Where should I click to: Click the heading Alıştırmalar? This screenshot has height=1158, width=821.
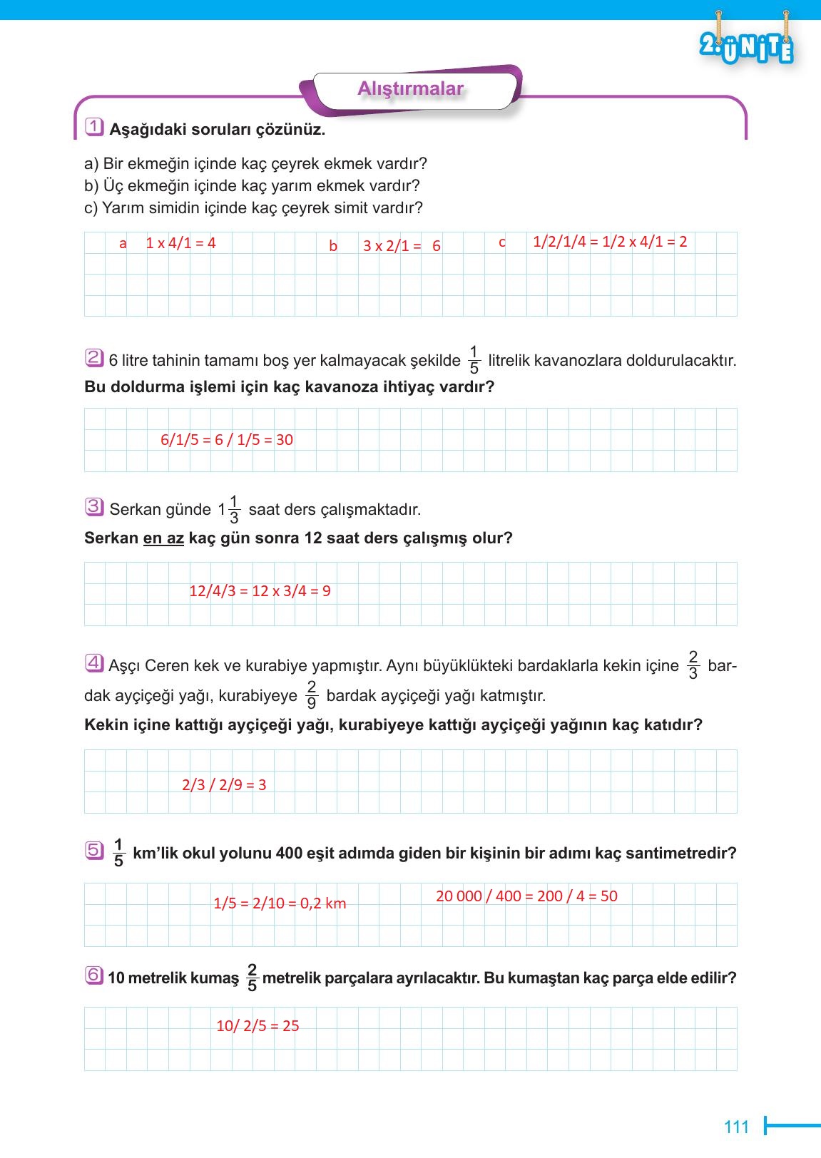410,89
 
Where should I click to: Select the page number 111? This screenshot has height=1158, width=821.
736,1127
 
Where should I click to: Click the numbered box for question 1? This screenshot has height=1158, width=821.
94,128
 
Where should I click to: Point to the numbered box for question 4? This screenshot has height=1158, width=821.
94,664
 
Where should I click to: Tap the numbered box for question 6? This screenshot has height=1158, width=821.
94,975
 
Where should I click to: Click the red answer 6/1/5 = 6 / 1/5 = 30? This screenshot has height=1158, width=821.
227,440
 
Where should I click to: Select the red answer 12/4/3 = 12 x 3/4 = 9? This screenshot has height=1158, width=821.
260,591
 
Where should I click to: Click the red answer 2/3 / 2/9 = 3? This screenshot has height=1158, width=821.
224,785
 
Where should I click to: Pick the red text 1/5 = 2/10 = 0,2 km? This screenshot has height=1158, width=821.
280,903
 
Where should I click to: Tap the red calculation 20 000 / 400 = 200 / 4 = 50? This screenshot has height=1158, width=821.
526,896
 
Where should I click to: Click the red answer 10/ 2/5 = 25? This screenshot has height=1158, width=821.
257,1026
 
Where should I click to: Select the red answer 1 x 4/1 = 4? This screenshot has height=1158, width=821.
180,243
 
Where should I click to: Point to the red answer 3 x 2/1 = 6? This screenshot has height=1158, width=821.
402,246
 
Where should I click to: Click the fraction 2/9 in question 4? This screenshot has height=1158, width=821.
311,695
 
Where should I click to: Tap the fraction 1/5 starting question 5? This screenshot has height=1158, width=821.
118,853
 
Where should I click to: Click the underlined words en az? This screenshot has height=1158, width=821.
163,538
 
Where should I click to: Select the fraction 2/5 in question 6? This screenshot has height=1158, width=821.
251,978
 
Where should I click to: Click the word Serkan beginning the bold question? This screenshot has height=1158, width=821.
111,538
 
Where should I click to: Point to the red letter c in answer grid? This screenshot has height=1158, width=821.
501,242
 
